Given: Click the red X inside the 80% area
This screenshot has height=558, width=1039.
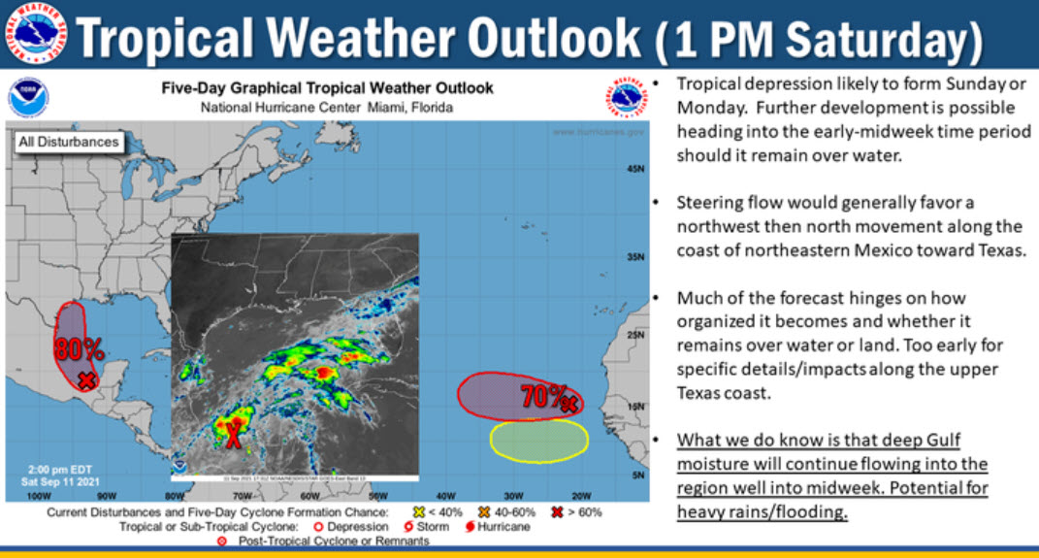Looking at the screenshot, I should pos(86,380).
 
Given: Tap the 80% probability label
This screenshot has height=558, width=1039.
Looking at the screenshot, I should pos(79,347).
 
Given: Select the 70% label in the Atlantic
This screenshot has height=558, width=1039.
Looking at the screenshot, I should pos(542,396).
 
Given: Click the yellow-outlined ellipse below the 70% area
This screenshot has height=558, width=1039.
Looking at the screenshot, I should pos(538,440).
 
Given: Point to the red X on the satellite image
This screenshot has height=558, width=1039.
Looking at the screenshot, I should pos(233,434).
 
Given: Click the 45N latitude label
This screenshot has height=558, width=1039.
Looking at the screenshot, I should pos(635,169).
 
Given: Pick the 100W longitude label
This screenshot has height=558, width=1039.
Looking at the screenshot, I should pos(39,496).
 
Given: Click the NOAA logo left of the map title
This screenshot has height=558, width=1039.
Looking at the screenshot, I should pos(27,98).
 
